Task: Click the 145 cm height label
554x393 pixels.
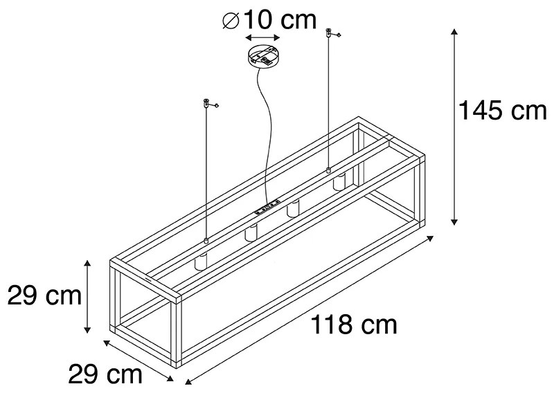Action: tap(503, 111)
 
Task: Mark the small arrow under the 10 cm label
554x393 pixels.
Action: tap(262, 39)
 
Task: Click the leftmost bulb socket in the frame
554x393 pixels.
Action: tap(202, 262)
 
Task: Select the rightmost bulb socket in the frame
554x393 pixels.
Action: tap(339, 183)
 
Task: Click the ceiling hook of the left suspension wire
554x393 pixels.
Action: tap(207, 104)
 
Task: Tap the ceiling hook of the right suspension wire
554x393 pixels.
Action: tap(330, 33)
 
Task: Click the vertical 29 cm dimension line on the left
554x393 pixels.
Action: tap(87, 295)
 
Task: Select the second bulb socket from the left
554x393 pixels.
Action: tap(250, 233)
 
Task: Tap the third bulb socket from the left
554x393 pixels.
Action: tap(294, 208)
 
